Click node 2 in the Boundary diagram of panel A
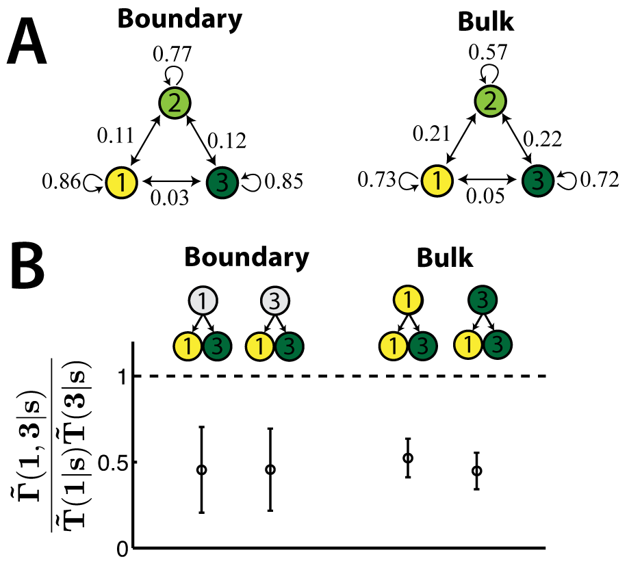tap(175, 103)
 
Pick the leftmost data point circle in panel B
tap(201, 470)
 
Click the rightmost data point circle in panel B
tap(476, 471)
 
